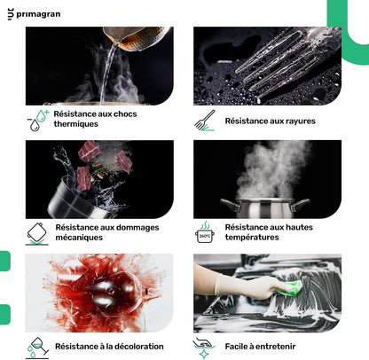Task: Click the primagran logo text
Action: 38,14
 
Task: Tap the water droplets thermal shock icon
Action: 37,120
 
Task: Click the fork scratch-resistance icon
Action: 205,121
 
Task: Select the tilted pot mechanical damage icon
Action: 37,234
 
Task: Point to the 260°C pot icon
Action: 205,232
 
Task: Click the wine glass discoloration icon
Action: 37,348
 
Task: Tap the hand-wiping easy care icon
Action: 203,348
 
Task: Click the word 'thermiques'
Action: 76,124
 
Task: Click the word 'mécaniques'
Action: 79,238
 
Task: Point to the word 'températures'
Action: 252,238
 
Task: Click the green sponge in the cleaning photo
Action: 291,288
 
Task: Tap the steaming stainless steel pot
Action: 265,207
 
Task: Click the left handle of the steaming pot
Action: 229,204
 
